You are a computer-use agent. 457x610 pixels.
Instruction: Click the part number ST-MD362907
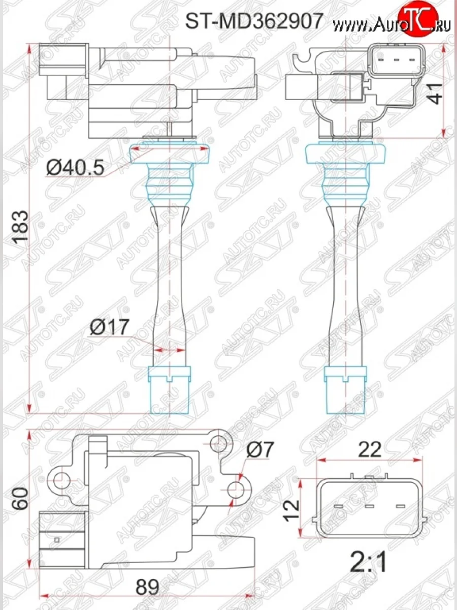pyautogui.click(x=253, y=21)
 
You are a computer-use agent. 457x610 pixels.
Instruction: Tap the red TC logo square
pyautogui.click(x=417, y=15)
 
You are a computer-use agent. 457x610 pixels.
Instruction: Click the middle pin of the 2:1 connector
pyautogui.click(x=369, y=506)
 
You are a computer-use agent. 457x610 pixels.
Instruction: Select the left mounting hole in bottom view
pyautogui.click(x=60, y=478)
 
